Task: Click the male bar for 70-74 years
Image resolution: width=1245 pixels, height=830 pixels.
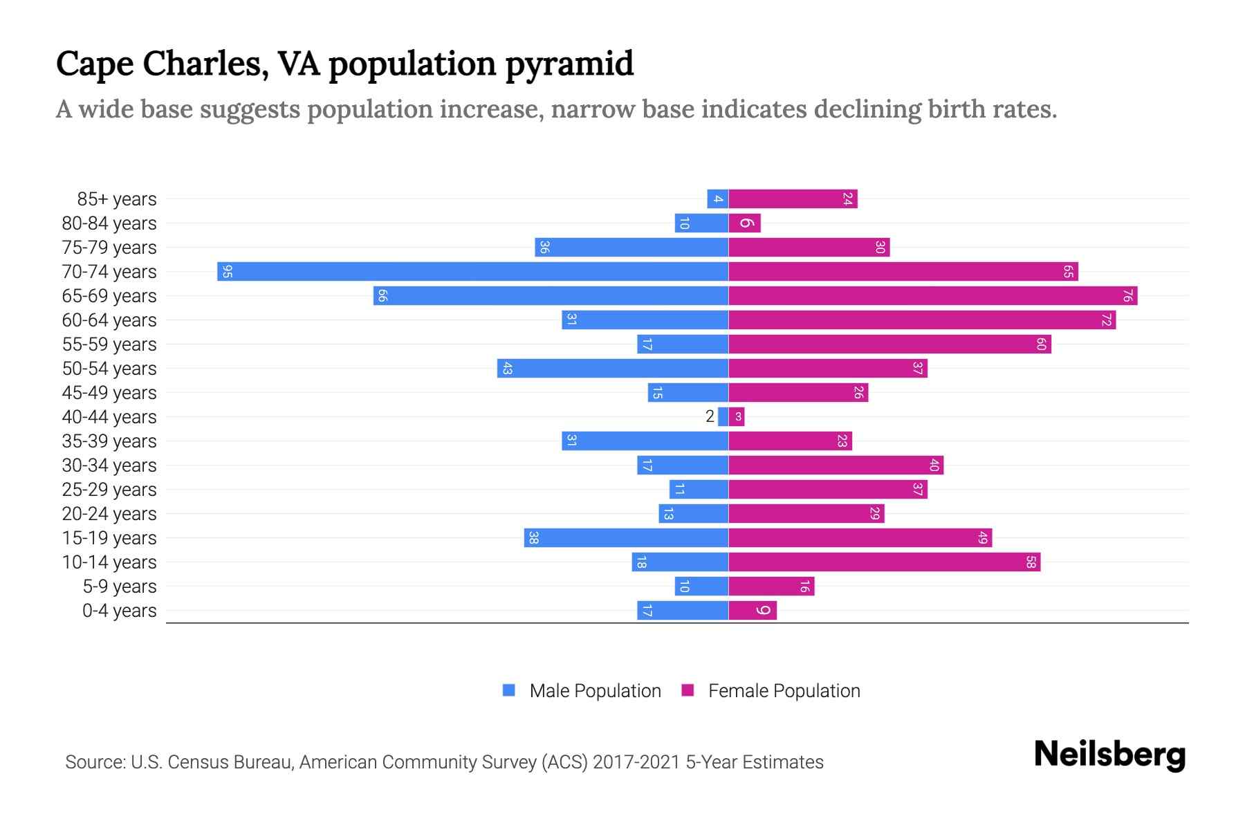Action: pos(472,271)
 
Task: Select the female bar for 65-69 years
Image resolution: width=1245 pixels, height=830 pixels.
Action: pos(932,295)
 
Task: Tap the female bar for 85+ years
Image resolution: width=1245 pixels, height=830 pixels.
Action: pos(793,199)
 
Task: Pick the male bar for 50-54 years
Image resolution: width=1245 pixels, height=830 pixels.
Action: pos(612,369)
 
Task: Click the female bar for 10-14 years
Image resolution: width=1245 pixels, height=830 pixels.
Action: pos(884,562)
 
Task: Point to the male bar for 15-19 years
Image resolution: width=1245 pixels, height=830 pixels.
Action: pos(626,537)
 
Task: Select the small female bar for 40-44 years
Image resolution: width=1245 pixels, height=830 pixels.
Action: pos(737,416)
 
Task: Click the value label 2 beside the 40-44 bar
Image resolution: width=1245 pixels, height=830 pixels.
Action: pos(710,416)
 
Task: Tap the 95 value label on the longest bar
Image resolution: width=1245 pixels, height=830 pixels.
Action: pos(227,272)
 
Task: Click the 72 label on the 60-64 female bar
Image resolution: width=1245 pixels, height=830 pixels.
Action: pos(1106,320)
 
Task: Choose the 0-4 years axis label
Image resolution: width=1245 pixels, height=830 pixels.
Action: pos(119,611)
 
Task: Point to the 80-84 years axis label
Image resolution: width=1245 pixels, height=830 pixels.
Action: pos(109,223)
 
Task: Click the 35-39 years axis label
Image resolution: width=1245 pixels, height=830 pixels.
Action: pos(109,441)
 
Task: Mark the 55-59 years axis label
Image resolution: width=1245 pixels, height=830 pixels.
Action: pos(109,344)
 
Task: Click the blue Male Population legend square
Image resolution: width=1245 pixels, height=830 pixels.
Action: pos(509,690)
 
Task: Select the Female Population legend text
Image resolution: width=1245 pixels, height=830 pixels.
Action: pos(784,690)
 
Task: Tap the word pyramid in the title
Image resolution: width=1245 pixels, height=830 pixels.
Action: pos(569,64)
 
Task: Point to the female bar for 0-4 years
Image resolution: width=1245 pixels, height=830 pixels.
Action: pos(753,611)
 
